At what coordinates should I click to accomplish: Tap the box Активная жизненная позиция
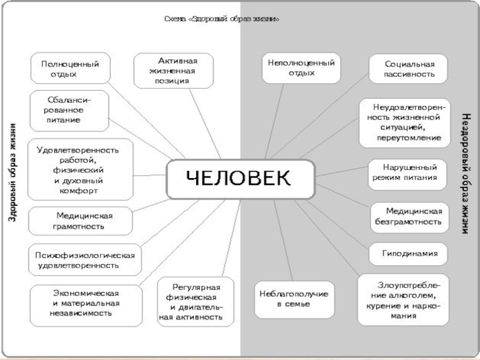(174, 70)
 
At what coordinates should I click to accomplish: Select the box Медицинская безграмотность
(409, 217)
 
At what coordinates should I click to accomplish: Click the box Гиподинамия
(410, 254)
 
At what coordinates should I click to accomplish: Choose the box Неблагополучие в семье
(293, 299)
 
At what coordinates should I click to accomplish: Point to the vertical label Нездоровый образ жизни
(464, 173)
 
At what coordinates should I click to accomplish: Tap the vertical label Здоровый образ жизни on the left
(13, 173)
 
